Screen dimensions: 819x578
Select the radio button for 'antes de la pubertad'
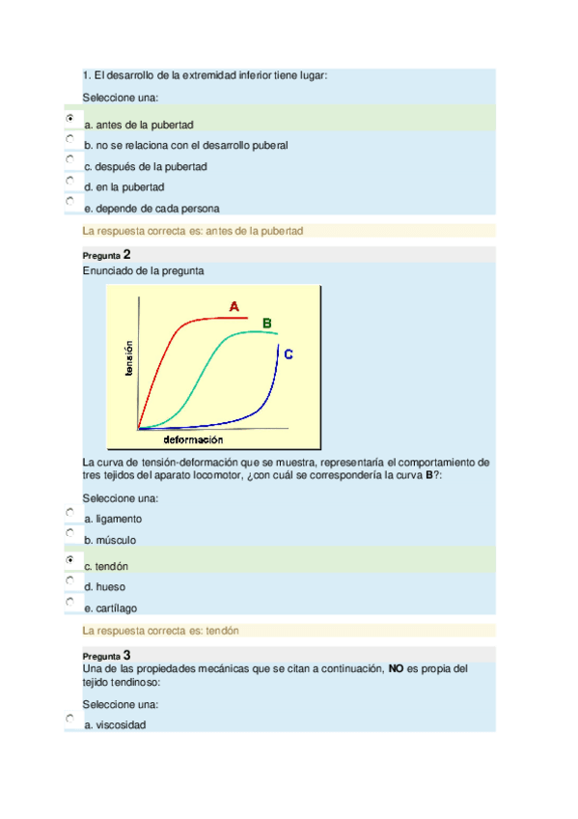(70, 118)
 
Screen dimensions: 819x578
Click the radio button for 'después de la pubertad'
(70, 159)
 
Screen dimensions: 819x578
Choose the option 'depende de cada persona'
(152, 208)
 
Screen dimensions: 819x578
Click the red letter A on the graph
(234, 306)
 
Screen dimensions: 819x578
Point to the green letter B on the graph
(267, 323)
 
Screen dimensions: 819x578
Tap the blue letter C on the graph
(288, 354)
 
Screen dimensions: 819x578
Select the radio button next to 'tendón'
(70, 559)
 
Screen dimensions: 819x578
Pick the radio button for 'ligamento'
(70, 512)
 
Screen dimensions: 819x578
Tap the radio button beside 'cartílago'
(70, 602)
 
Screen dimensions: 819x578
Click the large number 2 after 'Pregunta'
(127, 254)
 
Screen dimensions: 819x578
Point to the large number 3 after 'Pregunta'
(127, 655)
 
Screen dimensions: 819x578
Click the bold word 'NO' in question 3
(396, 667)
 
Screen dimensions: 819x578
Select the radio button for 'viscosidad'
(70, 719)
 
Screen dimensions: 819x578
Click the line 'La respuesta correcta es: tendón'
(161, 631)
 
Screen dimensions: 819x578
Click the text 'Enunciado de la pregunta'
(144, 271)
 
